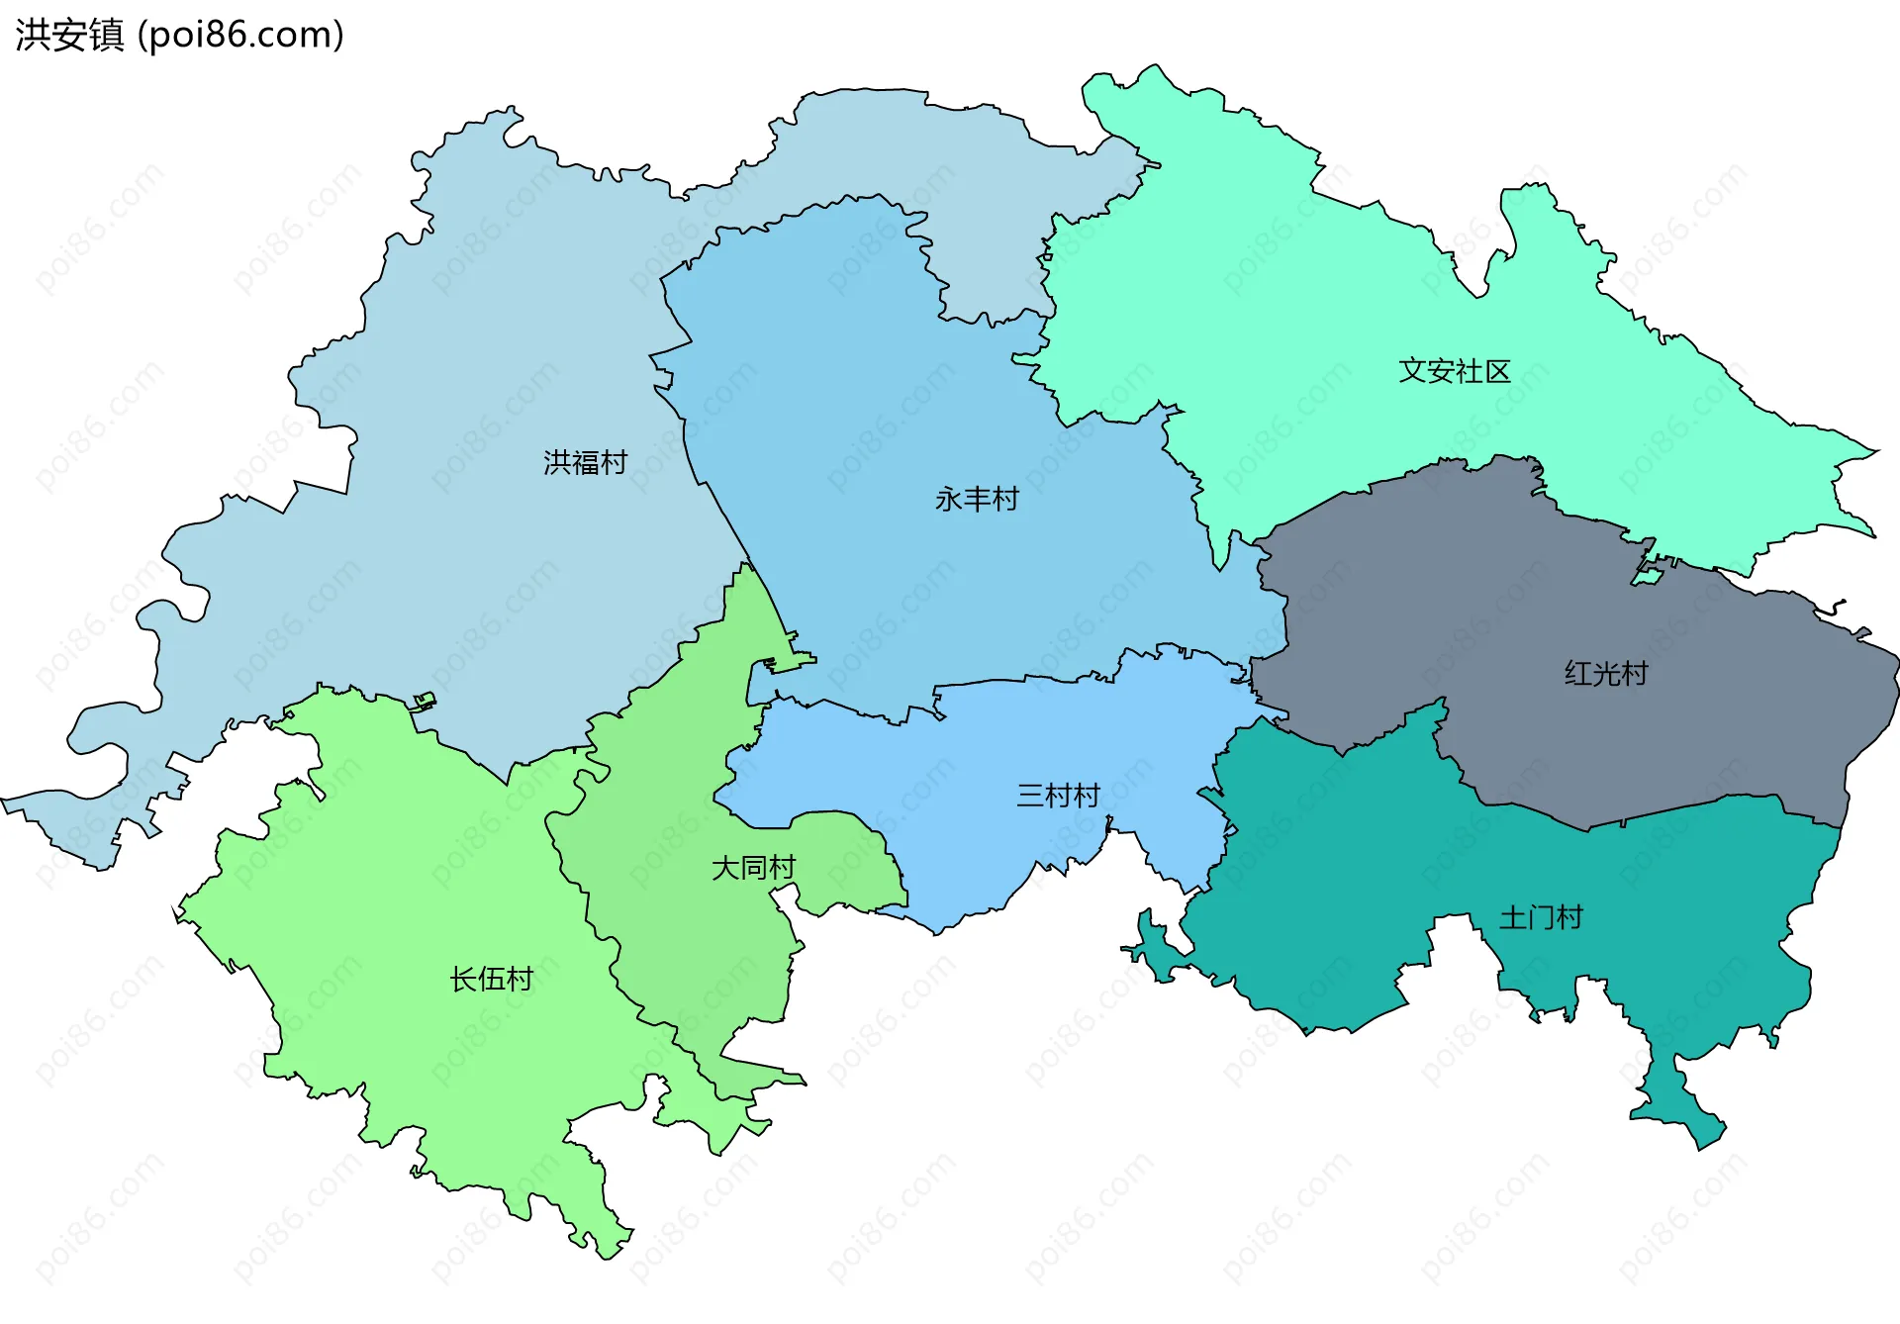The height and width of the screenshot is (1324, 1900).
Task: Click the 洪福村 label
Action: (x=585, y=462)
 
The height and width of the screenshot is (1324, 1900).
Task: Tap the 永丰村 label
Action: (x=977, y=499)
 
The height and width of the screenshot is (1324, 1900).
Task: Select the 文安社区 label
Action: (x=1454, y=371)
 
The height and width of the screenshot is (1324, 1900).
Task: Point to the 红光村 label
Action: (x=1605, y=674)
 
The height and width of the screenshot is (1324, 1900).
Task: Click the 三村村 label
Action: (x=1058, y=796)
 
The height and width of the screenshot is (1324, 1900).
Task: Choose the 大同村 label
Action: (x=753, y=868)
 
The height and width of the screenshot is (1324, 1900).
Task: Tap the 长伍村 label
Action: (x=491, y=979)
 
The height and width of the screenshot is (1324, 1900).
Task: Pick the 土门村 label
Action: (x=1540, y=917)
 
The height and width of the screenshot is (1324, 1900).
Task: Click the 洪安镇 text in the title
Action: (x=69, y=35)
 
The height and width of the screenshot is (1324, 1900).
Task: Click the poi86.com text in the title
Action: (x=240, y=35)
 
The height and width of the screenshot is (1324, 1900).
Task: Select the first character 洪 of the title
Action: (x=32, y=35)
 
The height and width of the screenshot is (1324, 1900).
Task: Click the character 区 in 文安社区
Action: (x=1497, y=371)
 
